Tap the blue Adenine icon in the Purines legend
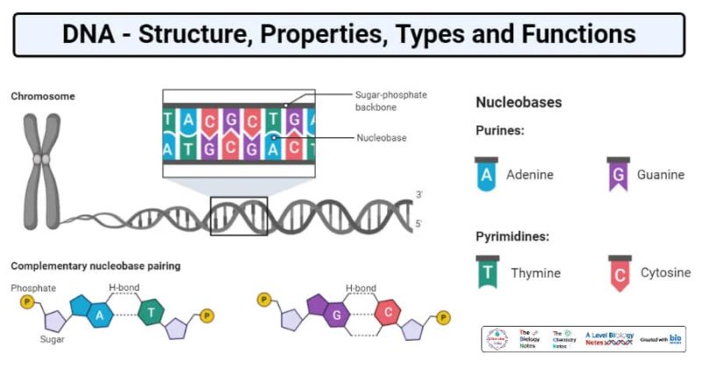click(486, 174)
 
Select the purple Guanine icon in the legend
click(619, 174)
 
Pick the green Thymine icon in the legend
click(486, 272)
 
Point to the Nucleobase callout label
click(382, 138)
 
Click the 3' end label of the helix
click(419, 193)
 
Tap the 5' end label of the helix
click(419, 224)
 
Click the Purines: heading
click(500, 130)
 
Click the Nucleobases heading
click(519, 103)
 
